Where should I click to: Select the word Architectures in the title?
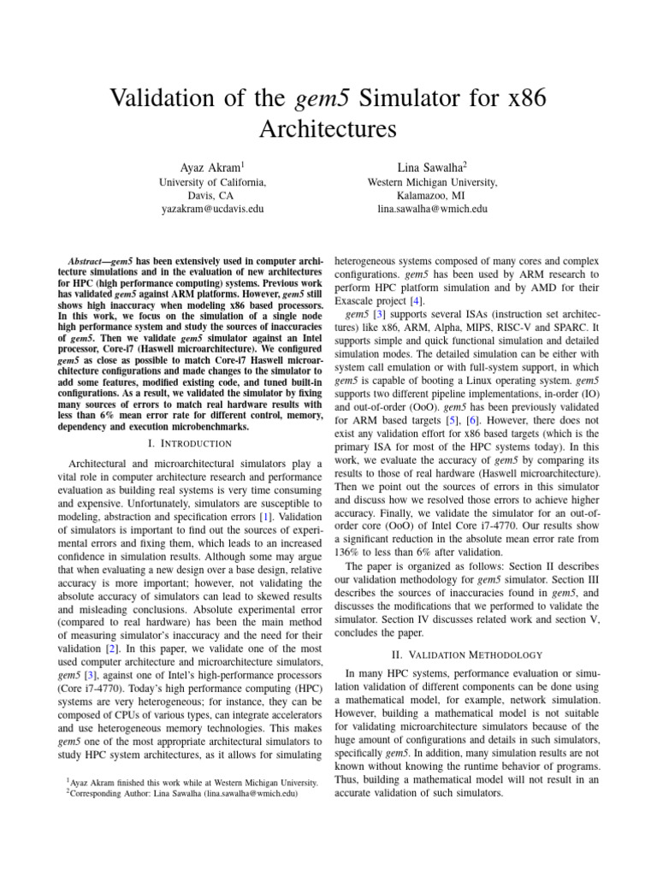click(x=328, y=130)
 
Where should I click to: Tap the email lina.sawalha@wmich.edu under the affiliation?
click(x=432, y=209)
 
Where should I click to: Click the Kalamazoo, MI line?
click(x=432, y=195)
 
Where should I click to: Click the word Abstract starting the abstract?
click(x=86, y=260)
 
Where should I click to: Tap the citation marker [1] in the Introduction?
click(x=288, y=518)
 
